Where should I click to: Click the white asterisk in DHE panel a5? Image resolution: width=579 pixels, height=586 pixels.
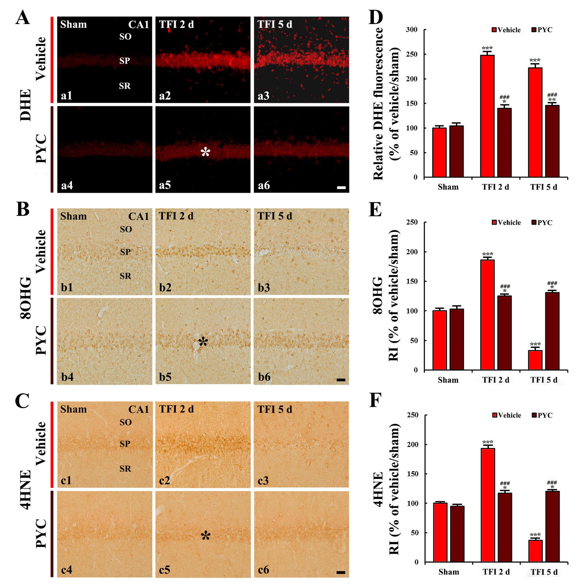click(205, 152)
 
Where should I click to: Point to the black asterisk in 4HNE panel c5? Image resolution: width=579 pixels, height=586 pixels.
click(206, 536)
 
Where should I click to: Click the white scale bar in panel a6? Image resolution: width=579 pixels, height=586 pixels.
click(341, 188)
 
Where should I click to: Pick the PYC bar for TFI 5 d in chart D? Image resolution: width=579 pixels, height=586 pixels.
click(552, 141)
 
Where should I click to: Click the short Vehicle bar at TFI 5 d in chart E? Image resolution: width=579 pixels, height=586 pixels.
click(535, 360)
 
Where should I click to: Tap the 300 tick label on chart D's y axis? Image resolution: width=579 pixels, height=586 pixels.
click(412, 30)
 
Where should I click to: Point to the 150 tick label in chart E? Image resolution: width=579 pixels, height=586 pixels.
click(412, 281)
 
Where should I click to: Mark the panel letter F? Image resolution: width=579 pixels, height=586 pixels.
click(375, 400)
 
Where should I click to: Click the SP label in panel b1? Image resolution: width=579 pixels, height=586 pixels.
click(125, 252)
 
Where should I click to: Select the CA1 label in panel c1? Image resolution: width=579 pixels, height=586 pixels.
click(138, 409)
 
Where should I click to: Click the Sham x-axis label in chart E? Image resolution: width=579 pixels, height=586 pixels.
click(448, 380)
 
